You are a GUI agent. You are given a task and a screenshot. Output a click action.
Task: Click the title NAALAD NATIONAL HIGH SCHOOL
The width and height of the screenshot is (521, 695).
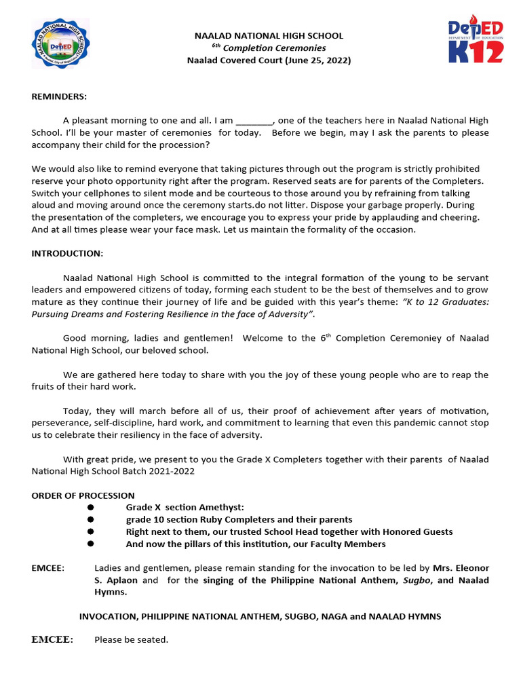click(x=269, y=35)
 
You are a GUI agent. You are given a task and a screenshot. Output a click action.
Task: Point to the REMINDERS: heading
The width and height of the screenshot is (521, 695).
click(x=59, y=96)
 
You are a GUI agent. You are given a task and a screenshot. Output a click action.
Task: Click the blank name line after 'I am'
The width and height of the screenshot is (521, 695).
click(x=254, y=121)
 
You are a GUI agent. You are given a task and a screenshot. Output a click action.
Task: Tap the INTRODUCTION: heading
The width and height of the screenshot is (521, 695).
click(x=67, y=253)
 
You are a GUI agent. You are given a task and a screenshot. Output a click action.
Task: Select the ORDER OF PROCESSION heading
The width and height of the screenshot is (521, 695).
click(x=83, y=495)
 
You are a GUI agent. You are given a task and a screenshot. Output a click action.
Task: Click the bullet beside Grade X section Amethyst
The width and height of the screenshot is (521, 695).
click(x=90, y=508)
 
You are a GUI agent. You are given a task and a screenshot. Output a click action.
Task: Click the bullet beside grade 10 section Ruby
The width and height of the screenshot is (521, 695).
click(x=90, y=520)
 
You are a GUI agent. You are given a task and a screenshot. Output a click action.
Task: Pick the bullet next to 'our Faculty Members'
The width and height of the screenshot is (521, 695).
click(x=90, y=544)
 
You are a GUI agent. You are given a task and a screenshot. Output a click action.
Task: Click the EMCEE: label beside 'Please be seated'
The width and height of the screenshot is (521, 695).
click(x=52, y=639)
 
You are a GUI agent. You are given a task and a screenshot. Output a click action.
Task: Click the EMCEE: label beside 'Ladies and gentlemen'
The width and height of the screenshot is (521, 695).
click(x=48, y=567)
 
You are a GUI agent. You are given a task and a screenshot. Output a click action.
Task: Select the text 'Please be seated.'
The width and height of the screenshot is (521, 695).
click(x=131, y=639)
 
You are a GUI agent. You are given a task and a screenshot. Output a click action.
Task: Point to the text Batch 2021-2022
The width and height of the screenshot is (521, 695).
click(x=161, y=471)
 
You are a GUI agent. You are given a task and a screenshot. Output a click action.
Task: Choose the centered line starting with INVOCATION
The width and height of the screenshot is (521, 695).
click(x=260, y=616)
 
